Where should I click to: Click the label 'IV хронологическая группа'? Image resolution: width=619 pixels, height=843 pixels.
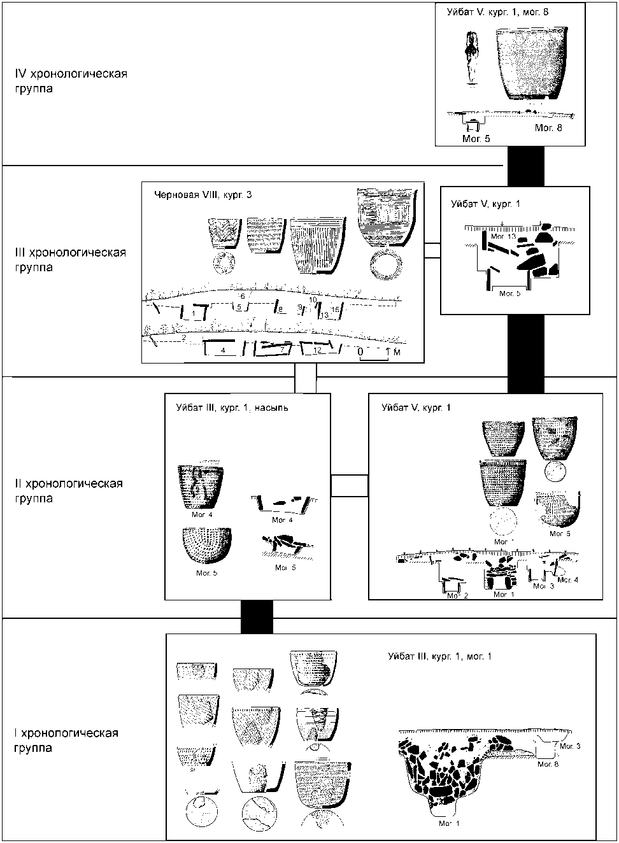[x=71, y=81]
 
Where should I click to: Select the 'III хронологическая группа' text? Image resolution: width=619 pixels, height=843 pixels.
[x=70, y=260]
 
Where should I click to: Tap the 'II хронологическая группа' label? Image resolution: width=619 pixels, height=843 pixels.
[x=68, y=491]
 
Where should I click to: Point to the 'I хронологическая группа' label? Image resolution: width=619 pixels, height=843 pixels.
[x=66, y=740]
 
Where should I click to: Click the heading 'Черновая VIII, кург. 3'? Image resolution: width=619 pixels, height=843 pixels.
[x=203, y=195]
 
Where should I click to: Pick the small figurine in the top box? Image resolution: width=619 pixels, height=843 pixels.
[x=471, y=57]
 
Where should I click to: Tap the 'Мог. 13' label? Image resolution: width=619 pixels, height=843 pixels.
[x=503, y=237]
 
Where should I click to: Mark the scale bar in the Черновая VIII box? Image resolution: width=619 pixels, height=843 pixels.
[x=374, y=357]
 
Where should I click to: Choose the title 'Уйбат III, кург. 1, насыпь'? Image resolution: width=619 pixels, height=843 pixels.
[x=232, y=408]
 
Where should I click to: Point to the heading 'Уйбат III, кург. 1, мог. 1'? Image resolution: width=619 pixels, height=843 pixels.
[x=440, y=656]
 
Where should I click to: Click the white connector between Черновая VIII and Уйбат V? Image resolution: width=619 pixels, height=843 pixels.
[x=432, y=250]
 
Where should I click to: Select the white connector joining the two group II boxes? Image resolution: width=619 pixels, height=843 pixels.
[x=350, y=485]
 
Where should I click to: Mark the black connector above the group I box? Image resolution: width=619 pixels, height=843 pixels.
[x=257, y=617]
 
